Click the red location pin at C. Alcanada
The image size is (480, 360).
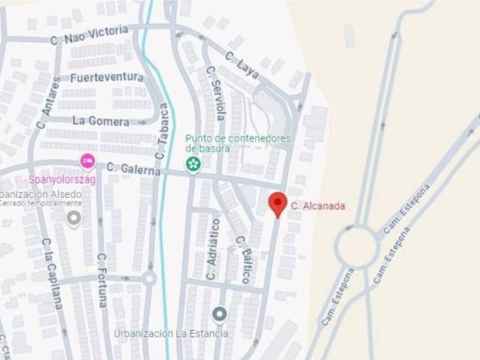tap(277, 203)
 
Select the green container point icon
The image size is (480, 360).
tap(193, 164)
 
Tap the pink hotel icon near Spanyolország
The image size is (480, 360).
tap(88, 160)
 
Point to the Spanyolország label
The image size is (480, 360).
tap(54, 180)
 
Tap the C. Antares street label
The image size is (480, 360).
tap(43, 102)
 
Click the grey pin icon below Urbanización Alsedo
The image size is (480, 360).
tap(73, 218)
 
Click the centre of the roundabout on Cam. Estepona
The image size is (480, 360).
tap(355, 245)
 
